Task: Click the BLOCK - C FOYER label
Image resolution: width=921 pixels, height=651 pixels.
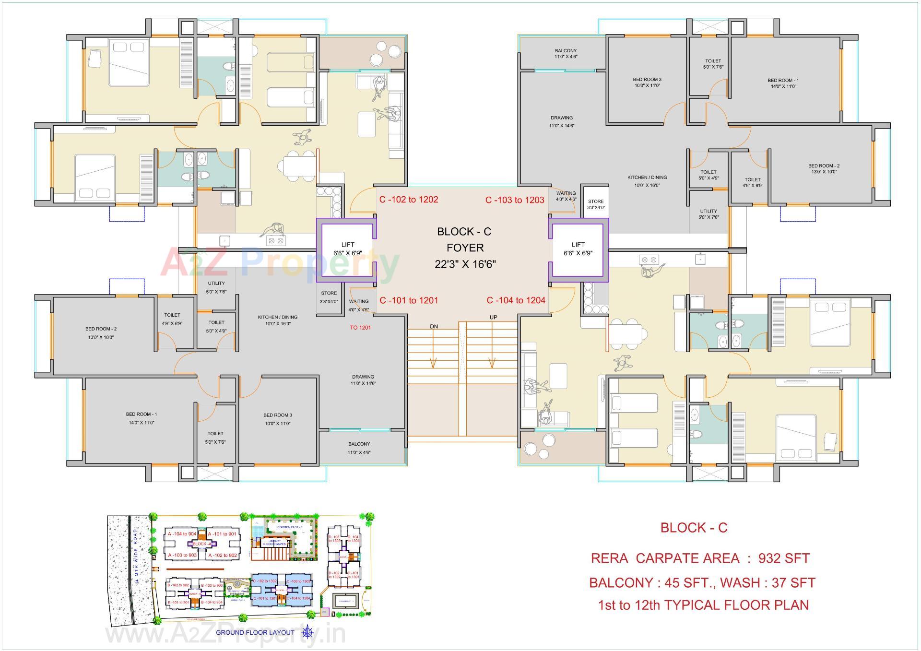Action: tap(464, 248)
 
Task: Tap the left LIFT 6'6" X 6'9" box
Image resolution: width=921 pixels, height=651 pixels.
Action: tap(347, 249)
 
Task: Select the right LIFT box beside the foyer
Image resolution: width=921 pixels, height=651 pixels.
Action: tap(578, 249)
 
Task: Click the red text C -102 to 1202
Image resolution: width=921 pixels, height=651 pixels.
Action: tap(409, 200)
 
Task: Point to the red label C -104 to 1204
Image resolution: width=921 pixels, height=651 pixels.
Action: tap(516, 300)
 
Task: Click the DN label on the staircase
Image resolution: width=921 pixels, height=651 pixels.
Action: tap(434, 327)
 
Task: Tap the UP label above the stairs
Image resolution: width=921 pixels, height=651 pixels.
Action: tap(493, 318)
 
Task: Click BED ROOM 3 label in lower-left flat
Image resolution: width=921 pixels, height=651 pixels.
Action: tap(277, 419)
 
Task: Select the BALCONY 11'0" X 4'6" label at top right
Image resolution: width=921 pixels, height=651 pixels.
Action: tap(566, 53)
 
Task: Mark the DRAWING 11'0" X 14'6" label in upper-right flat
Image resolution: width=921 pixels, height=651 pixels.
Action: tap(561, 121)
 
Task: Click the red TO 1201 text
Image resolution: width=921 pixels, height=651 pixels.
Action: tap(360, 328)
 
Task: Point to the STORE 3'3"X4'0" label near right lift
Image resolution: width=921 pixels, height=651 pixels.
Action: tap(595, 204)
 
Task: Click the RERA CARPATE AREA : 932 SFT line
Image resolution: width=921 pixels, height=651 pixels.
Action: tap(700, 558)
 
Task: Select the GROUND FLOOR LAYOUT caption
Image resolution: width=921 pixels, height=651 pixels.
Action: tap(255, 632)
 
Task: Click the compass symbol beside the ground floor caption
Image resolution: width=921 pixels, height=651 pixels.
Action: tap(307, 632)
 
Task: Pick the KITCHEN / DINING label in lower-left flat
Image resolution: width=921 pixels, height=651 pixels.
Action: tap(277, 320)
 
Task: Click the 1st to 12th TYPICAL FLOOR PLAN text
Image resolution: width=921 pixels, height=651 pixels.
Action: tap(703, 605)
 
